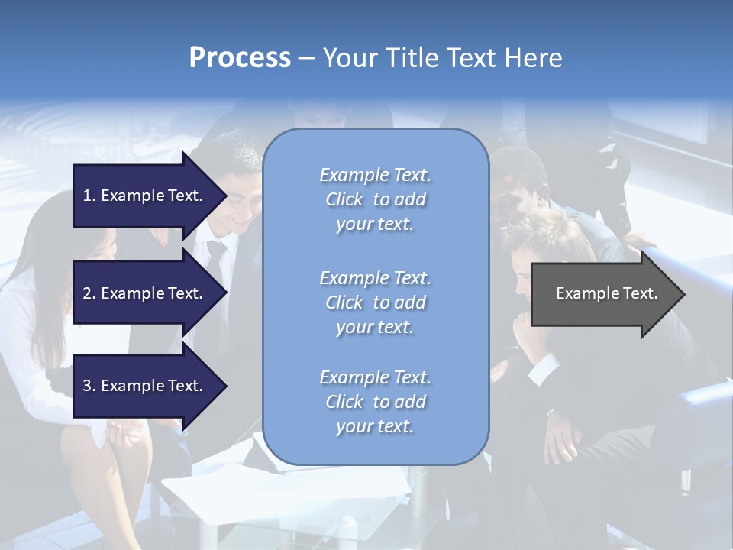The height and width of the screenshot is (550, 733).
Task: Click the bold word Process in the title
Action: (x=240, y=58)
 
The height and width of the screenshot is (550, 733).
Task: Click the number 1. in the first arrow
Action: (x=89, y=196)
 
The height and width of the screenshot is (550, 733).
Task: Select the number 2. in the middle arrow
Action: (x=89, y=293)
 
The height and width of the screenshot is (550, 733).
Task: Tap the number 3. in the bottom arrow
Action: (x=89, y=386)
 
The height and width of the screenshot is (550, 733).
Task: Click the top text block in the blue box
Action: (x=375, y=199)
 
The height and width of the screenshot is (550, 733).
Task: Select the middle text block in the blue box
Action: (x=375, y=302)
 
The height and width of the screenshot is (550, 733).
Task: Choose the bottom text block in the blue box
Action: (x=375, y=402)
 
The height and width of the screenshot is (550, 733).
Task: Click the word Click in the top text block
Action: (x=344, y=200)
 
